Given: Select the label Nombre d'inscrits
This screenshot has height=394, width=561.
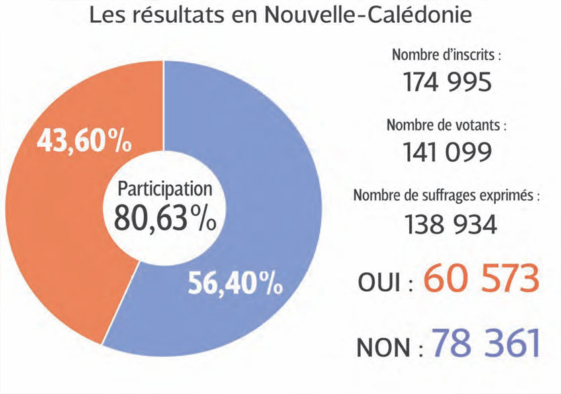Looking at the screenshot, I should (x=447, y=54).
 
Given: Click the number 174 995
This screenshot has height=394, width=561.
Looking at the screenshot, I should (x=447, y=82).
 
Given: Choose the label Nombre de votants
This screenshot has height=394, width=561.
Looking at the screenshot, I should (x=447, y=126).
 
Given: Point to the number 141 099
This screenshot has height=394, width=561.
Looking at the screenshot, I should (x=447, y=153).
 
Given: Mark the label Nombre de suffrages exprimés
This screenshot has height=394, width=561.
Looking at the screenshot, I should (x=447, y=196).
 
